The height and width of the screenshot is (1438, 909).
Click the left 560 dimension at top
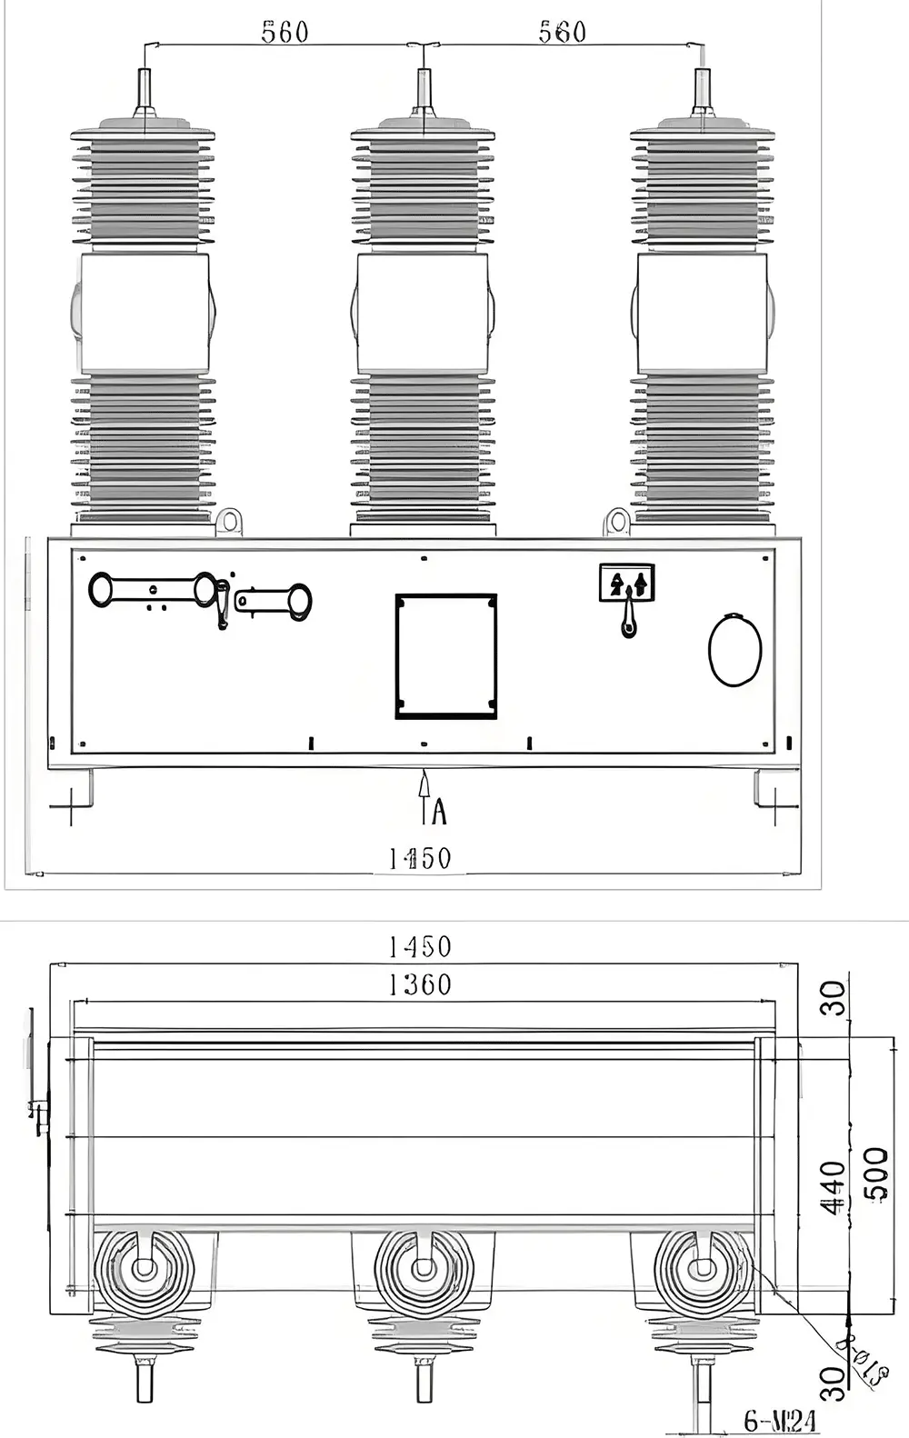285,33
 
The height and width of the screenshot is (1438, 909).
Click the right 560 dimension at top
562,33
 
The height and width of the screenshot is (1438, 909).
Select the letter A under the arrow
439,811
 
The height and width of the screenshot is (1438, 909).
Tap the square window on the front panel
445,656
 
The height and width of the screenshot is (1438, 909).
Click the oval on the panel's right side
734,650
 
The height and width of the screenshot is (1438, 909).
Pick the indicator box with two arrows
626,582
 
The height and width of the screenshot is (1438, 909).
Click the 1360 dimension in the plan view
420,984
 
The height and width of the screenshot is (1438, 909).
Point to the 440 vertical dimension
833,1187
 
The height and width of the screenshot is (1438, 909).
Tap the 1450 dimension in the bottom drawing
420,947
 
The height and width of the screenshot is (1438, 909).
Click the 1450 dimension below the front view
420,858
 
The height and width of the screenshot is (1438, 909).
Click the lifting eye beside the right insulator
617,522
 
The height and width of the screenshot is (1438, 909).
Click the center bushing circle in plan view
424,1269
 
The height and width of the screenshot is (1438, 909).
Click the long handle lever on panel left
153,589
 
